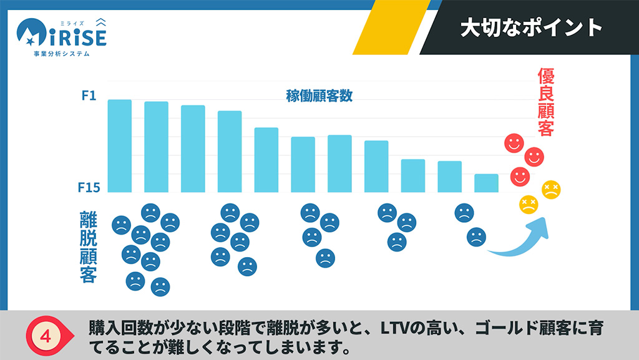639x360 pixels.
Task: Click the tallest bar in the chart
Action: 119,146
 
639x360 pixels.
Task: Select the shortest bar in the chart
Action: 486,183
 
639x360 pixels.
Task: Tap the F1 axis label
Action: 89,96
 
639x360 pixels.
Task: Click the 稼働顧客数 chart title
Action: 319,96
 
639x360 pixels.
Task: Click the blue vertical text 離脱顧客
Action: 88,246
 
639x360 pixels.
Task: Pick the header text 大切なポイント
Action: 531,27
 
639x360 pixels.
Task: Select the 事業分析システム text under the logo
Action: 62,54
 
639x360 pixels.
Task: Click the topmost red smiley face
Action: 514,144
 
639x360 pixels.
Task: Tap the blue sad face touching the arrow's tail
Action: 476,236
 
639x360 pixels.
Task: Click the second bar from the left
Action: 156,147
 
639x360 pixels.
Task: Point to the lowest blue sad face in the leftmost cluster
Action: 160,286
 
